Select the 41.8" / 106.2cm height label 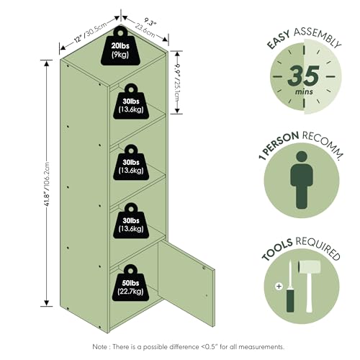click(x=47, y=184)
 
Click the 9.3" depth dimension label click(x=150, y=22)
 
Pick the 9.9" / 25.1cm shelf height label click(x=177, y=83)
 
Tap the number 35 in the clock click(x=304, y=76)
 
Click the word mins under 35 click(x=304, y=91)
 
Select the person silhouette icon click(x=302, y=180)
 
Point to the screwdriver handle click(x=290, y=300)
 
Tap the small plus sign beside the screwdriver click(x=279, y=287)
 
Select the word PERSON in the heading click(x=282, y=143)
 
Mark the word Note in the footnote click(x=99, y=347)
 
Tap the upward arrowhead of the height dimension click(x=47, y=63)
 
